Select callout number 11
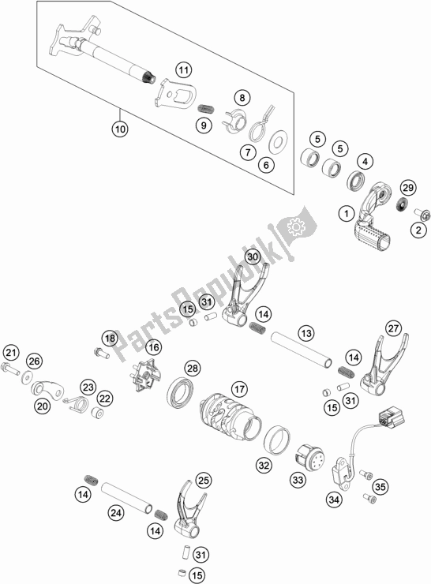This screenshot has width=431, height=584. click(183, 70)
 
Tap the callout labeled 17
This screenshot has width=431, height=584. click(238, 389)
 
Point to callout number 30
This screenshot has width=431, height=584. click(252, 257)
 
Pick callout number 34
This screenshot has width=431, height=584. click(335, 499)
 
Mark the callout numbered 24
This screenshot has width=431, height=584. click(115, 514)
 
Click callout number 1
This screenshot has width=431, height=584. click(345, 212)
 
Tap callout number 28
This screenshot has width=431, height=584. click(192, 368)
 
